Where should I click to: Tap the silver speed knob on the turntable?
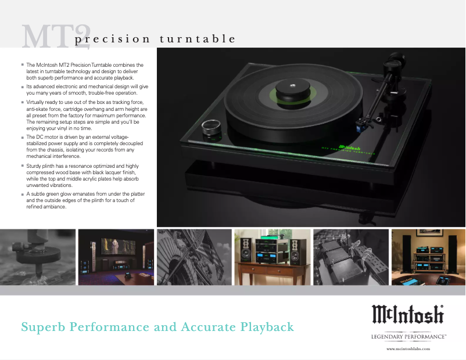209,127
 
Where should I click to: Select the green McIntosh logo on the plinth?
349,149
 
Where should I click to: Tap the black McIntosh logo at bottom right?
407,315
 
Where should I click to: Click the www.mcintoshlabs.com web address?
408,348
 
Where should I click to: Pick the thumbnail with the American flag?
193,257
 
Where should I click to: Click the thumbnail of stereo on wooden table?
272,257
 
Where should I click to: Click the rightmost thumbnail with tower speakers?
428,257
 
